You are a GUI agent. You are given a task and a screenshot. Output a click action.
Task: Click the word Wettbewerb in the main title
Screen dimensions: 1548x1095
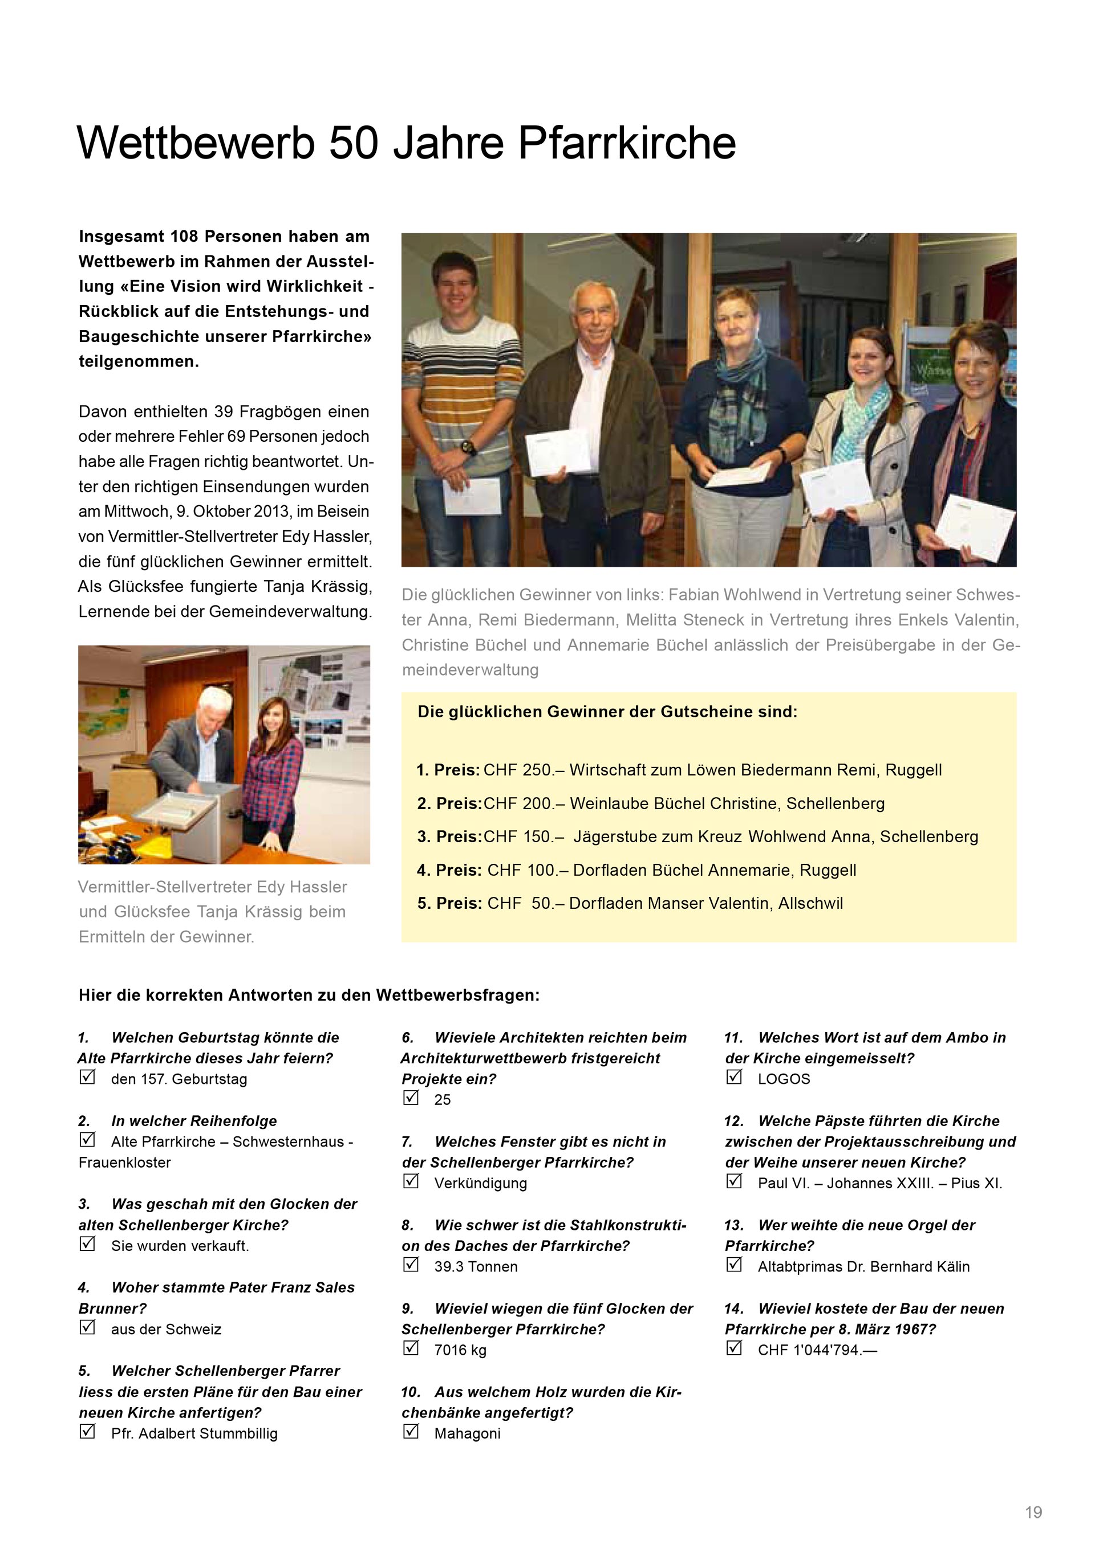coord(196,143)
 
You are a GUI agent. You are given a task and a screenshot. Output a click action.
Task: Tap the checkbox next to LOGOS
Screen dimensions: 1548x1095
coord(733,1078)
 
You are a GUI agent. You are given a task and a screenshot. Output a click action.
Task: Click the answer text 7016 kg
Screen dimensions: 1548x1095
coord(460,1350)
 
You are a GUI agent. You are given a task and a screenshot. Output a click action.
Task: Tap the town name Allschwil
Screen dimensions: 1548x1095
coord(810,904)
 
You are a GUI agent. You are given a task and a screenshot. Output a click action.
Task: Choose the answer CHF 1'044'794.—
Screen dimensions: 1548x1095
coord(817,1350)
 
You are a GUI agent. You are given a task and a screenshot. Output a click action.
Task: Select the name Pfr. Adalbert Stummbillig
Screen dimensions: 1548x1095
coord(194,1433)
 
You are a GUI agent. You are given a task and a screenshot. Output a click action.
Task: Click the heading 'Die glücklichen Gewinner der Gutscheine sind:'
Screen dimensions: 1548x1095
coord(607,712)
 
